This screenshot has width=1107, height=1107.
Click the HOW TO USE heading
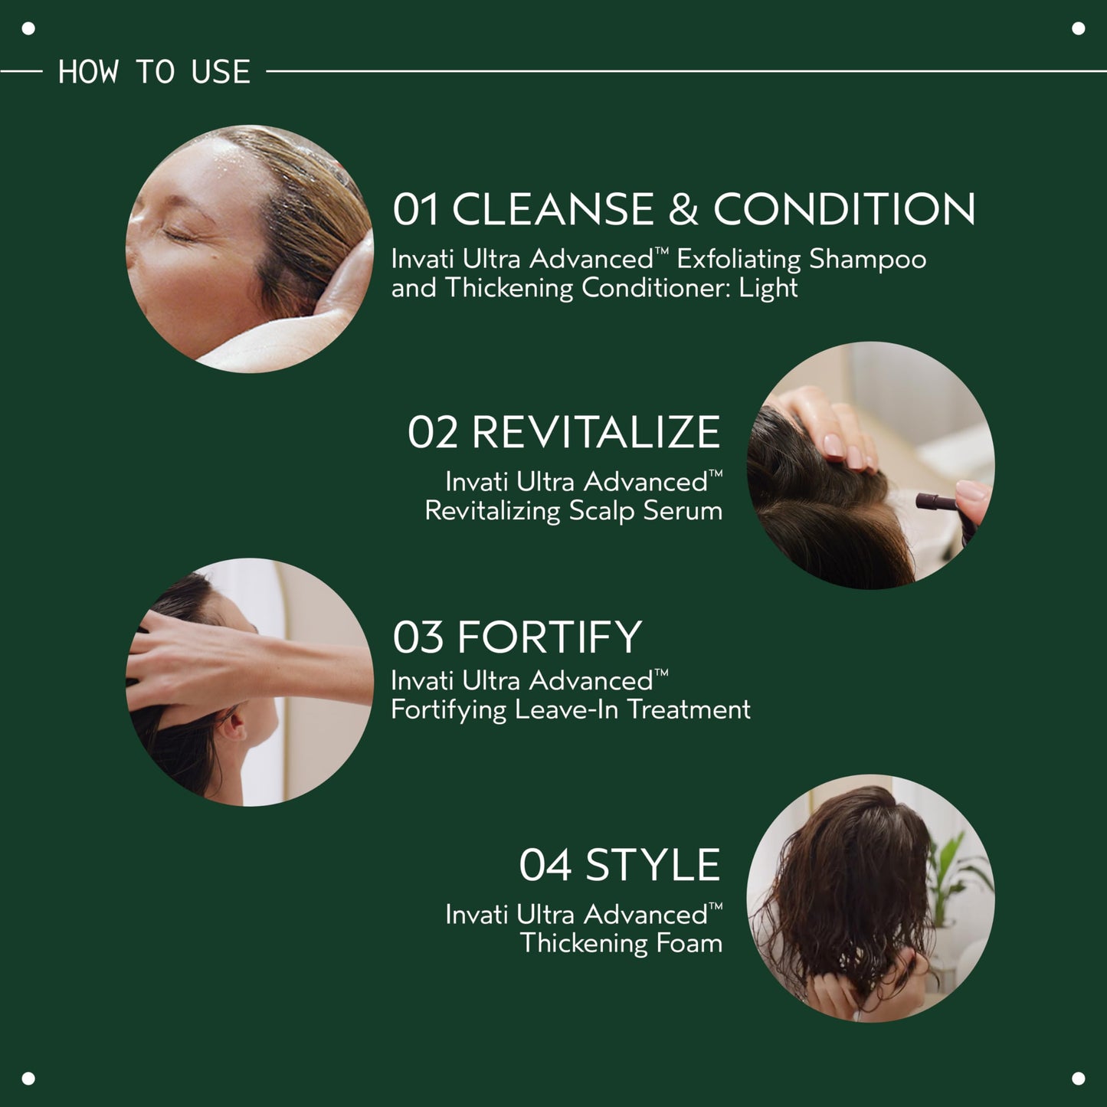154,72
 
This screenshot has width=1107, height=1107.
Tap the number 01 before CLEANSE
416,209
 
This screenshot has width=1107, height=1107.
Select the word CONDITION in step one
844,209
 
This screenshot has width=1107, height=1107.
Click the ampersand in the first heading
683,209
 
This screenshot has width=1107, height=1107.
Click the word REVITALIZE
595,432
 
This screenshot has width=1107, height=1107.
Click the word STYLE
652,866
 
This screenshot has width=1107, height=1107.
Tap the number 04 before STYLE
545,866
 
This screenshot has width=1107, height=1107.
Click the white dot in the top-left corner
28,29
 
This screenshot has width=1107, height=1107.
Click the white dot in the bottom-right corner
1078,1078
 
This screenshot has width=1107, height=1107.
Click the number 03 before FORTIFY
418,637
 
